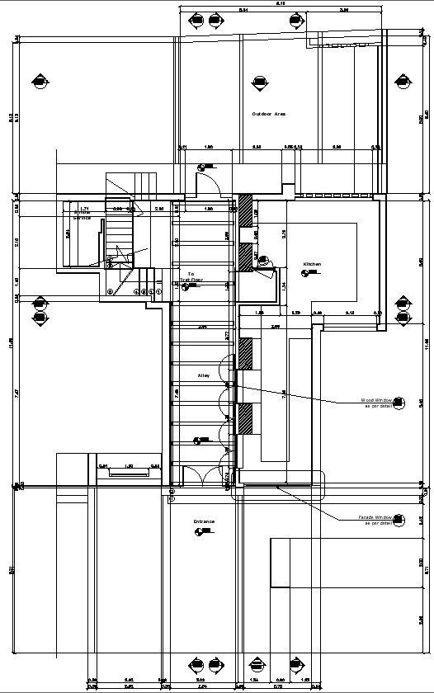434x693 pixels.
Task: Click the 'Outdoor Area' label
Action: pyautogui.click(x=269, y=114)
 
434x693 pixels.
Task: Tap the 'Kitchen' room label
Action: pyautogui.click(x=312, y=264)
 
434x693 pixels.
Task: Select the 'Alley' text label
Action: pyautogui.click(x=204, y=375)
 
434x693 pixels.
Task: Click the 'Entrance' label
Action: pyautogui.click(x=204, y=521)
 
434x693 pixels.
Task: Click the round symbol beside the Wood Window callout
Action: pyautogui.click(x=399, y=403)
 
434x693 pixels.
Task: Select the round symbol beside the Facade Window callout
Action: pyautogui.click(x=399, y=520)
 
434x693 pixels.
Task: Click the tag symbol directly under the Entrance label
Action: pyautogui.click(x=199, y=532)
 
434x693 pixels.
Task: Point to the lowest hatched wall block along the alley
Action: pyautogui.click(x=245, y=419)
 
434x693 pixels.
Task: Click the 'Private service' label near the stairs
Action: pyautogui.click(x=83, y=214)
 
